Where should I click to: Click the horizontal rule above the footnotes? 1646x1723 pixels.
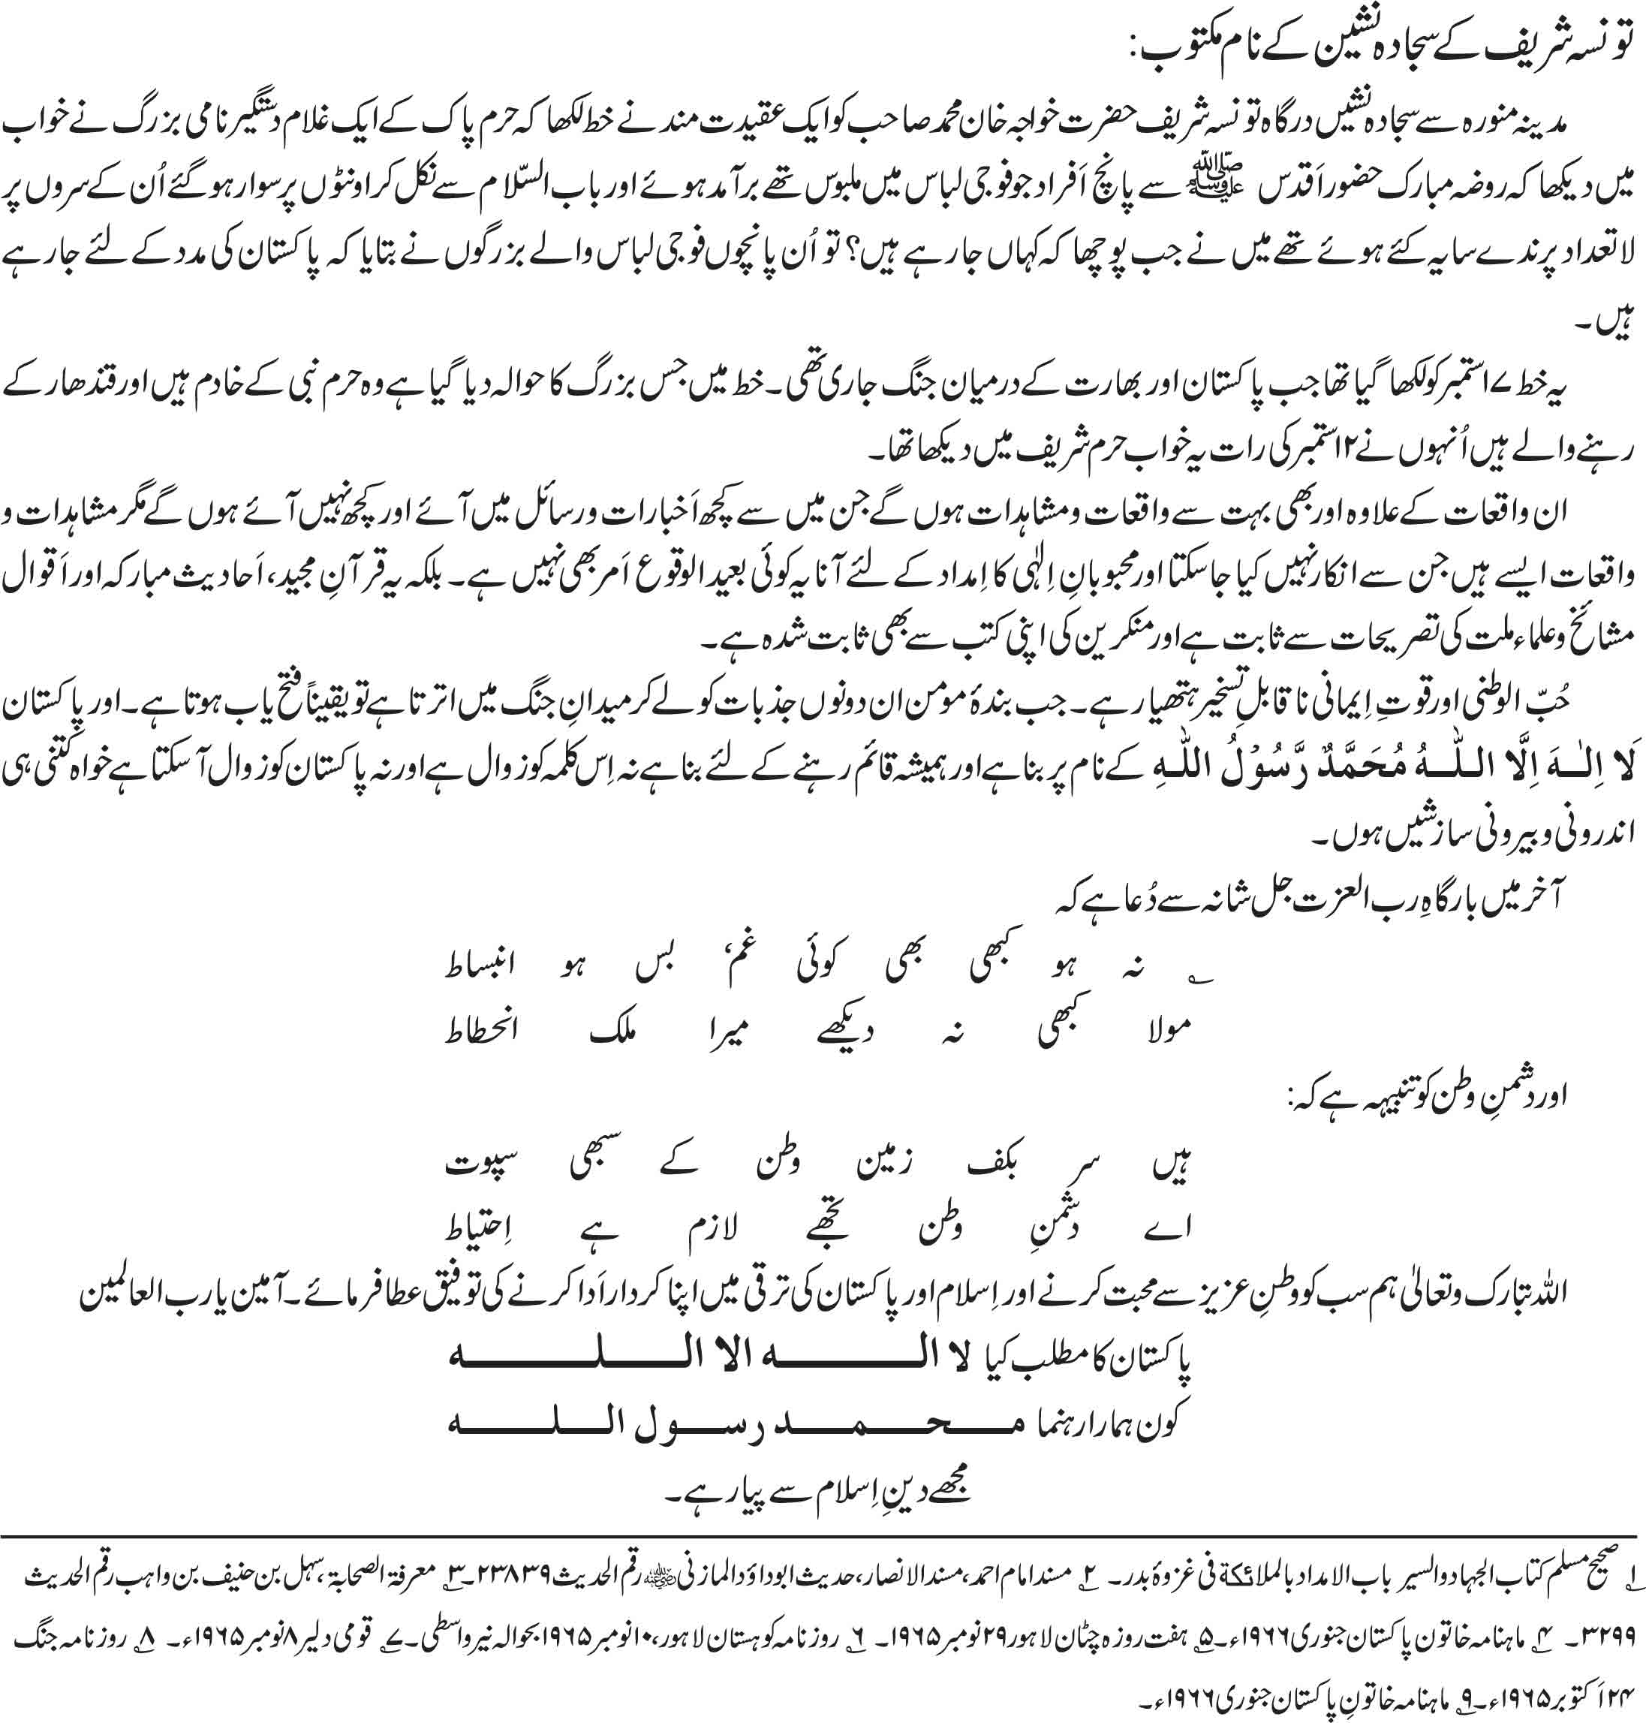click(x=823, y=1538)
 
